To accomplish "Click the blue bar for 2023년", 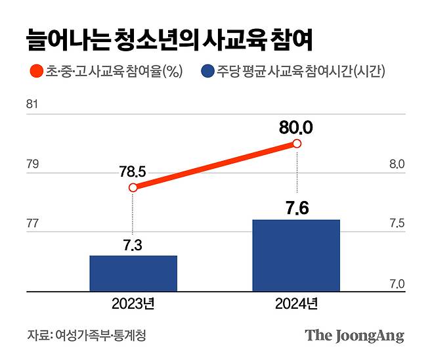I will coord(133,273).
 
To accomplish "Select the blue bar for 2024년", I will coord(297,256).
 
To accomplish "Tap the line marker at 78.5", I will coord(133,188).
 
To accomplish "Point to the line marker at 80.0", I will coord(297,144).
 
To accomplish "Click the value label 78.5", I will coord(132,172).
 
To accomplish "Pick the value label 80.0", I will coord(296,127).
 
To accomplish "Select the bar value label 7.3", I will coord(132,245).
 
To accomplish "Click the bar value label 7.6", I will coord(297,210).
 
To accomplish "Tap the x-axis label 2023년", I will coord(133,305).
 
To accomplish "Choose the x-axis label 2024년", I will coord(297,305).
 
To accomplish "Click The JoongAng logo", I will coord(354,336).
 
